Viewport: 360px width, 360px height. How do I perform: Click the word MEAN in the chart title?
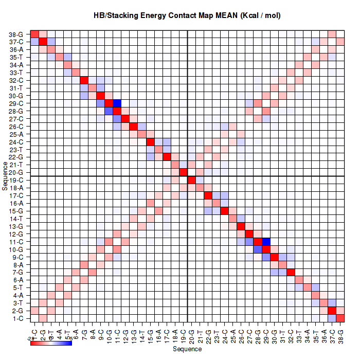[x=224, y=15]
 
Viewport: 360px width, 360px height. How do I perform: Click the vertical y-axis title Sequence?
[x=5, y=176]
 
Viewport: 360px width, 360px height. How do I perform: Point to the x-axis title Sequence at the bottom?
[x=187, y=349]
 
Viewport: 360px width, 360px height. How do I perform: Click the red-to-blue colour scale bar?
[x=51, y=343]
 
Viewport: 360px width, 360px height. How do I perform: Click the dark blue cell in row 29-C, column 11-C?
[x=117, y=103]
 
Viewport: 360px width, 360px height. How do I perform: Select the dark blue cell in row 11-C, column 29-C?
[x=266, y=241]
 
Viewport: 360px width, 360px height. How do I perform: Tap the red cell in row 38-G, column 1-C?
[x=34, y=34]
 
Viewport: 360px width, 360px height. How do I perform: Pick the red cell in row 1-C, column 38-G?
[x=340, y=318]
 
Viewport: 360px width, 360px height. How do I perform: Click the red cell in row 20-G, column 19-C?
[x=183, y=172]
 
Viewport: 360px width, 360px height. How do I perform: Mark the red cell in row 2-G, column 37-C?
[x=332, y=310]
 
